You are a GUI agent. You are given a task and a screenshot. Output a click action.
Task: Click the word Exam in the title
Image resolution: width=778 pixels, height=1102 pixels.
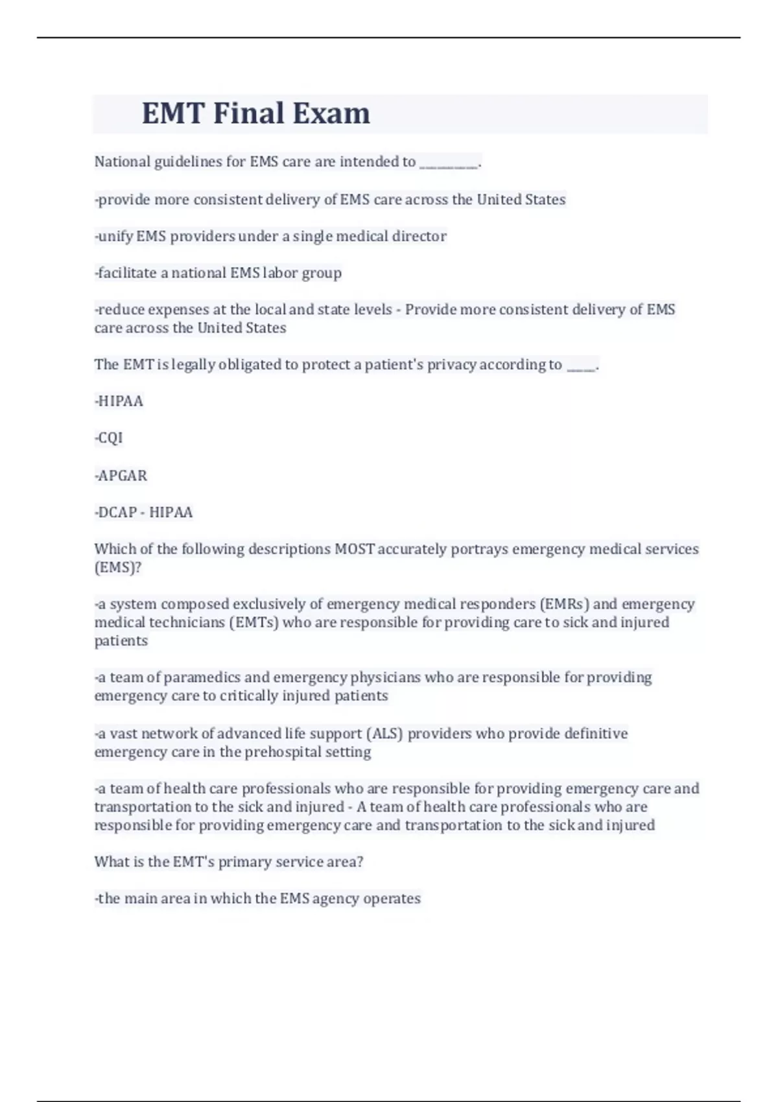click(x=331, y=113)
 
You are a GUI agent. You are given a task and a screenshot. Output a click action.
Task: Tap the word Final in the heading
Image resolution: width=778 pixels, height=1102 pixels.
click(x=249, y=113)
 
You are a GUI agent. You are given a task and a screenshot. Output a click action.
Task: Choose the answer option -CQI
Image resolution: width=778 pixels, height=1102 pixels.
click(x=109, y=438)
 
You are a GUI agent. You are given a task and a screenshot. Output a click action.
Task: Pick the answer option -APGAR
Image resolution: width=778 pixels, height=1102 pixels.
click(x=121, y=476)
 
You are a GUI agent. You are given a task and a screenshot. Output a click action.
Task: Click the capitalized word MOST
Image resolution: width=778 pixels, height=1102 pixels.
click(x=355, y=549)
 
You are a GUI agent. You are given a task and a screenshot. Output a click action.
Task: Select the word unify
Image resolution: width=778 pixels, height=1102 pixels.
click(x=115, y=236)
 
